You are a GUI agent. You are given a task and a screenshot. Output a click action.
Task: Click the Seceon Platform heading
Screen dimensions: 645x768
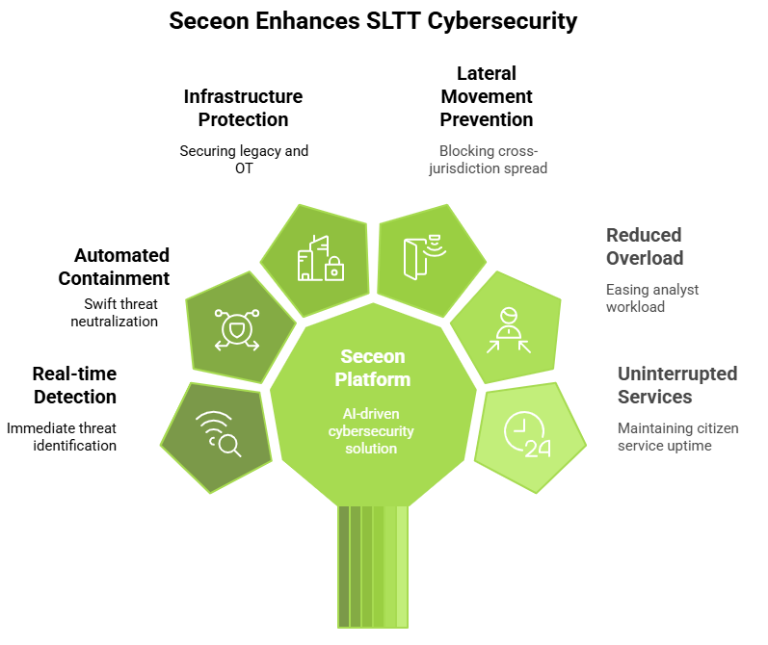tap(372, 368)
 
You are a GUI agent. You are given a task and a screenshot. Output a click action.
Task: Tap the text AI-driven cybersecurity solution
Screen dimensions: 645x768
tap(372, 431)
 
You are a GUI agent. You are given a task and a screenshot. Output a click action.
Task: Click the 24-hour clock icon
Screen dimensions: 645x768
tap(526, 435)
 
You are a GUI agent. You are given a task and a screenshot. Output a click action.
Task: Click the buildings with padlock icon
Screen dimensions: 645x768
tap(320, 257)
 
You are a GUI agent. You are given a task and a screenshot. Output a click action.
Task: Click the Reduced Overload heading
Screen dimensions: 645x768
tap(645, 246)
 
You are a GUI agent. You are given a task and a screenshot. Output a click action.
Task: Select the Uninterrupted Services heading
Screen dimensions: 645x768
tap(676, 385)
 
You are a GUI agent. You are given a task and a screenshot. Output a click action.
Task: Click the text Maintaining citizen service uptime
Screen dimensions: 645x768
tap(676, 436)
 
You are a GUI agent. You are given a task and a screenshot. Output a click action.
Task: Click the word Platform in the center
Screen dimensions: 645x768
tap(372, 379)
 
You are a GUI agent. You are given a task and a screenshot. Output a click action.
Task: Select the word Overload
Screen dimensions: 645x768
tap(645, 258)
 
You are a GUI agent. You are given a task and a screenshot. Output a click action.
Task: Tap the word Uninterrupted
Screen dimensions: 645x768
tap(676, 374)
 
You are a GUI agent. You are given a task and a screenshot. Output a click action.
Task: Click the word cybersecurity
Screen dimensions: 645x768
tap(372, 431)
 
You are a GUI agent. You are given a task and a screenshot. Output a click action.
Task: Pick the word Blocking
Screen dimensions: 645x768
tap(465, 151)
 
